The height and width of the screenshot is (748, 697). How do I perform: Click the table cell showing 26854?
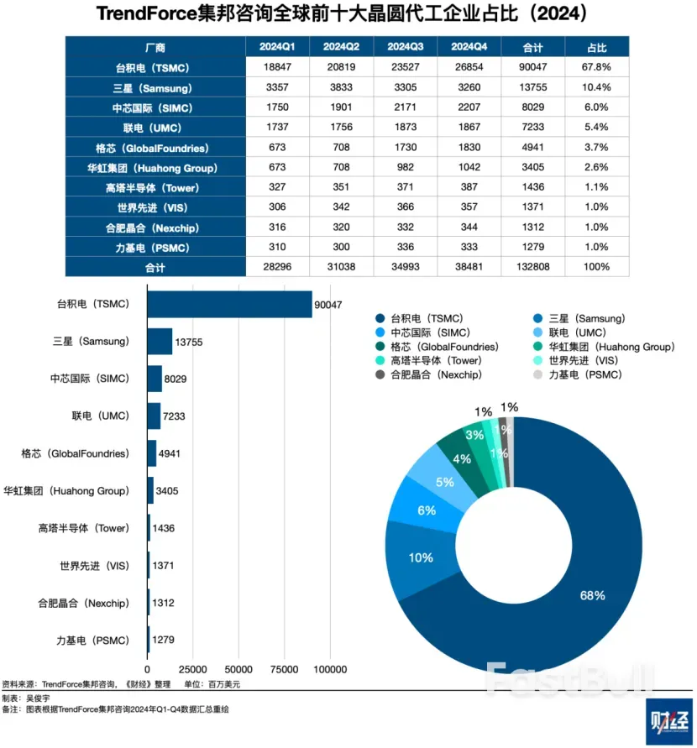point(470,66)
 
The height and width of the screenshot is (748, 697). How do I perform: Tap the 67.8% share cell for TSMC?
point(598,66)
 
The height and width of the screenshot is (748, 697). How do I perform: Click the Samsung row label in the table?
point(155,87)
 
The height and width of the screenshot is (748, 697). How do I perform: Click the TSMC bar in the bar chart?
point(229,305)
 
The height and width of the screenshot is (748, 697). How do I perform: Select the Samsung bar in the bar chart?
point(160,341)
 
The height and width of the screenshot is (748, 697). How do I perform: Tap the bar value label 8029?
point(179,379)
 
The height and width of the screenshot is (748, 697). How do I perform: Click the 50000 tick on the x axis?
point(238,670)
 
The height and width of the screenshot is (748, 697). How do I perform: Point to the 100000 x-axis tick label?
point(329,670)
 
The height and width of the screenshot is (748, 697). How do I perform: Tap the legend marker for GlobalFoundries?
point(381,346)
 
